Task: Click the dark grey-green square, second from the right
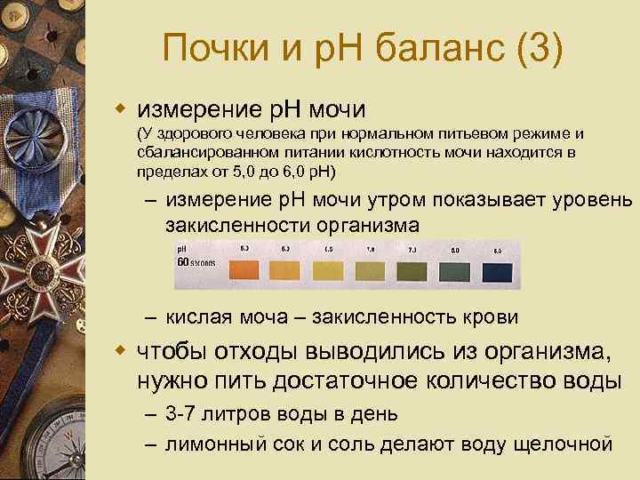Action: click(456, 269)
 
